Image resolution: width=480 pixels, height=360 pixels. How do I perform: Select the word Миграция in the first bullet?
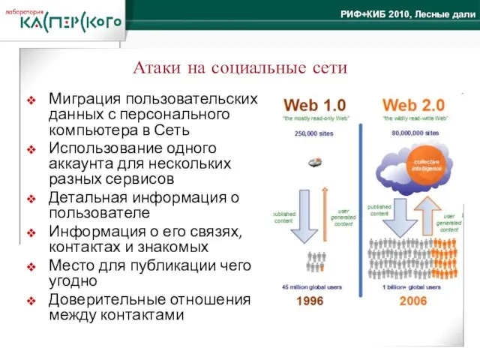click(82, 99)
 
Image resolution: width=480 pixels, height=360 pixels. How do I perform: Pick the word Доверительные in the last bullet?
click(100, 299)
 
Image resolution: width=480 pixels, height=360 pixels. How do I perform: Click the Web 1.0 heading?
click(314, 105)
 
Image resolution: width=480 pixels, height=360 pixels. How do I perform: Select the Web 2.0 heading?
click(413, 105)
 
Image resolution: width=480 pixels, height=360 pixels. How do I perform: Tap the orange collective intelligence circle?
click(426, 165)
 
